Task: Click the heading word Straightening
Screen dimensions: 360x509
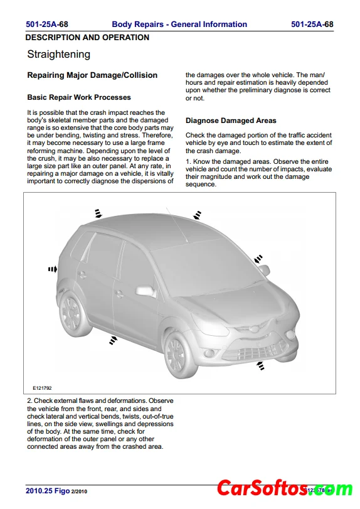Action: (x=59, y=55)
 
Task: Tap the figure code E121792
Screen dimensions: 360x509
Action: (x=42, y=388)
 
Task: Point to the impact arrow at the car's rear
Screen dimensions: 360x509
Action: (x=53, y=269)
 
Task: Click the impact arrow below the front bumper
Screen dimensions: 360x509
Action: (x=260, y=365)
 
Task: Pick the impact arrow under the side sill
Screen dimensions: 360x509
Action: (x=113, y=340)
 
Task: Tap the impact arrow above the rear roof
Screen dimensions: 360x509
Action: (x=98, y=213)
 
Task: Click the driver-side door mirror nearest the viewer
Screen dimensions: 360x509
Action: (x=146, y=291)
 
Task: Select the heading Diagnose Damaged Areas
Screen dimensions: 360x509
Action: (x=231, y=121)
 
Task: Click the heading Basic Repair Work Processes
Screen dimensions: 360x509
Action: (x=79, y=97)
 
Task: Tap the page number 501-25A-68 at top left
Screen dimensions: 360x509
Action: (x=47, y=24)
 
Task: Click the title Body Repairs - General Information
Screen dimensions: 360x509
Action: (x=179, y=24)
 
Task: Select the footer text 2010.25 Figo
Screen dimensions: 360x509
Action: (x=48, y=491)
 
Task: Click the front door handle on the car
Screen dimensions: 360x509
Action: (x=119, y=294)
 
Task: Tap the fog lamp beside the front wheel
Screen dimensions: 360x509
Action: (x=210, y=353)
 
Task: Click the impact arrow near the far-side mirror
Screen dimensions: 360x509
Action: (x=258, y=259)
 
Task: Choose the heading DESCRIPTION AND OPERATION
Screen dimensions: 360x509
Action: (x=87, y=38)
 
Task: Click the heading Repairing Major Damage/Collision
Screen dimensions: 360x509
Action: (x=92, y=75)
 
